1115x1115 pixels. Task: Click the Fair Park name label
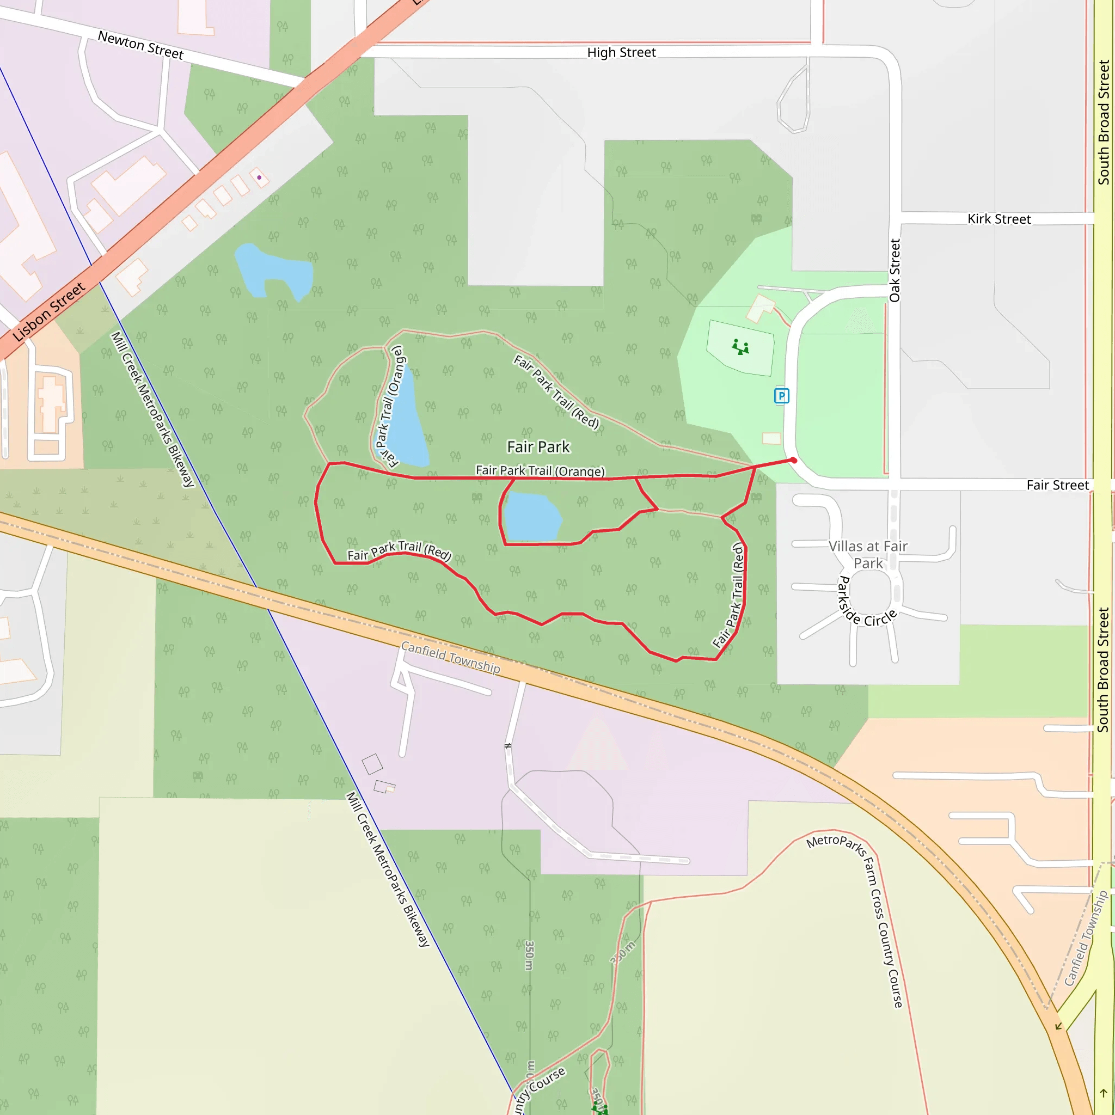[538, 446]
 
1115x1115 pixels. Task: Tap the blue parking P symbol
[781, 395]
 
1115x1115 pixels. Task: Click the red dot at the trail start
[794, 460]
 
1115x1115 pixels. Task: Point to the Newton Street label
[141, 45]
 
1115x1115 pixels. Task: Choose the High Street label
[621, 52]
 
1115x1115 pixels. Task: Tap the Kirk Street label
[998, 219]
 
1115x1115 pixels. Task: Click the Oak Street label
[894, 270]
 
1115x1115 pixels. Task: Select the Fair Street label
[1057, 485]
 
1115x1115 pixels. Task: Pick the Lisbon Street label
[49, 311]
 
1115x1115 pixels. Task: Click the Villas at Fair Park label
[868, 554]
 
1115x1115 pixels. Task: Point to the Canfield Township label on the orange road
[450, 657]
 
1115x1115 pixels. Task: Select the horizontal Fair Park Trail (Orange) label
[540, 470]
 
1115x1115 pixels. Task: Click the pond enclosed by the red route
[531, 517]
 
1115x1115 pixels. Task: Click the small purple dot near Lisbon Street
[259, 177]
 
